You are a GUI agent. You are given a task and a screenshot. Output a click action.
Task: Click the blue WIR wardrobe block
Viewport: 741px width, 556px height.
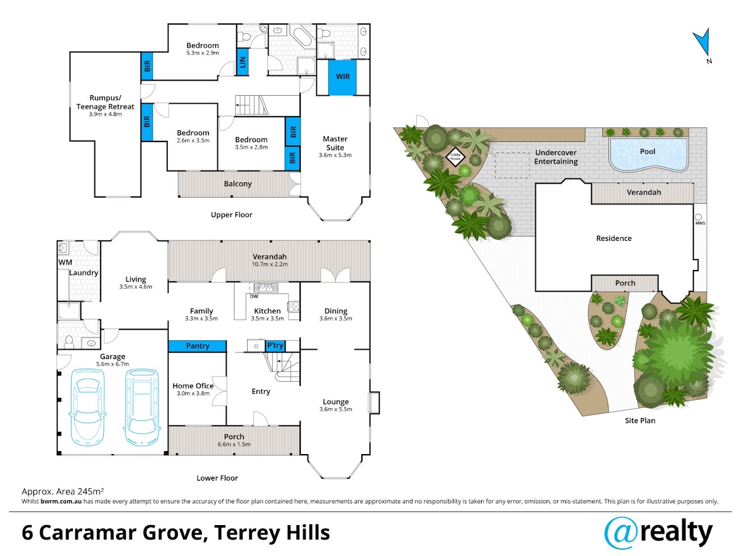tap(342, 77)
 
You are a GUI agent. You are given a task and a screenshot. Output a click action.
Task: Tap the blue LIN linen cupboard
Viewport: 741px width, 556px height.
tap(243, 62)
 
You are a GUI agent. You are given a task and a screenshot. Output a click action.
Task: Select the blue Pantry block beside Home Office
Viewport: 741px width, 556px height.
tap(197, 346)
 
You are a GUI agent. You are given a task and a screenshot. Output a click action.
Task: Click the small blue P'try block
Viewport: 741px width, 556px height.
tap(275, 346)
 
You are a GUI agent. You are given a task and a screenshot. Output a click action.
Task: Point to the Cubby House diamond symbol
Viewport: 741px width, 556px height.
tap(455, 157)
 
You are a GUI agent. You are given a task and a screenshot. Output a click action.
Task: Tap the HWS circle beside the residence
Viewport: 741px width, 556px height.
tap(698, 217)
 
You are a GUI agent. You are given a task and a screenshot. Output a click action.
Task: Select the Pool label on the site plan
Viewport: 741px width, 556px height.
tap(648, 151)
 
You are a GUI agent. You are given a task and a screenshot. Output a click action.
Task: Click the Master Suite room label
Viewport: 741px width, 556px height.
tap(335, 143)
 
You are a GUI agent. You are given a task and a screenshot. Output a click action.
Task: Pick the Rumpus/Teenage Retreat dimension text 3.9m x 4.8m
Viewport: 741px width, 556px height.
tap(106, 114)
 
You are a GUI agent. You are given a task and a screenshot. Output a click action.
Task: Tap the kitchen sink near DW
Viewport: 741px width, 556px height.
tap(266, 288)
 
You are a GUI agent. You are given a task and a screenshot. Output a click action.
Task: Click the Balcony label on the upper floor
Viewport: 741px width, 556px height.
tap(238, 184)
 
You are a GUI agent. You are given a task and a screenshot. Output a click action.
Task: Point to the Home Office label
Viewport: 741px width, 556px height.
tap(193, 386)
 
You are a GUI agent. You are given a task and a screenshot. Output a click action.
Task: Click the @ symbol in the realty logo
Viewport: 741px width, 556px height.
tap(621, 533)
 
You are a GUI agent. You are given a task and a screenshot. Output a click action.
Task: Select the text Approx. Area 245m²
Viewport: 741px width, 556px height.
tap(62, 491)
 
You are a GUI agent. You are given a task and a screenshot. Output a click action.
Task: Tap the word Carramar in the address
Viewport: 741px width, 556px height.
tap(89, 533)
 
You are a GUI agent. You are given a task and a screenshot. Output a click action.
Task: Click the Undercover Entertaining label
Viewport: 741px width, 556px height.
tap(556, 157)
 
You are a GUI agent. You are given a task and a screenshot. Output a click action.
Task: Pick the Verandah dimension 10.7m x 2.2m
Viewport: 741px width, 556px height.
tap(269, 264)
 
